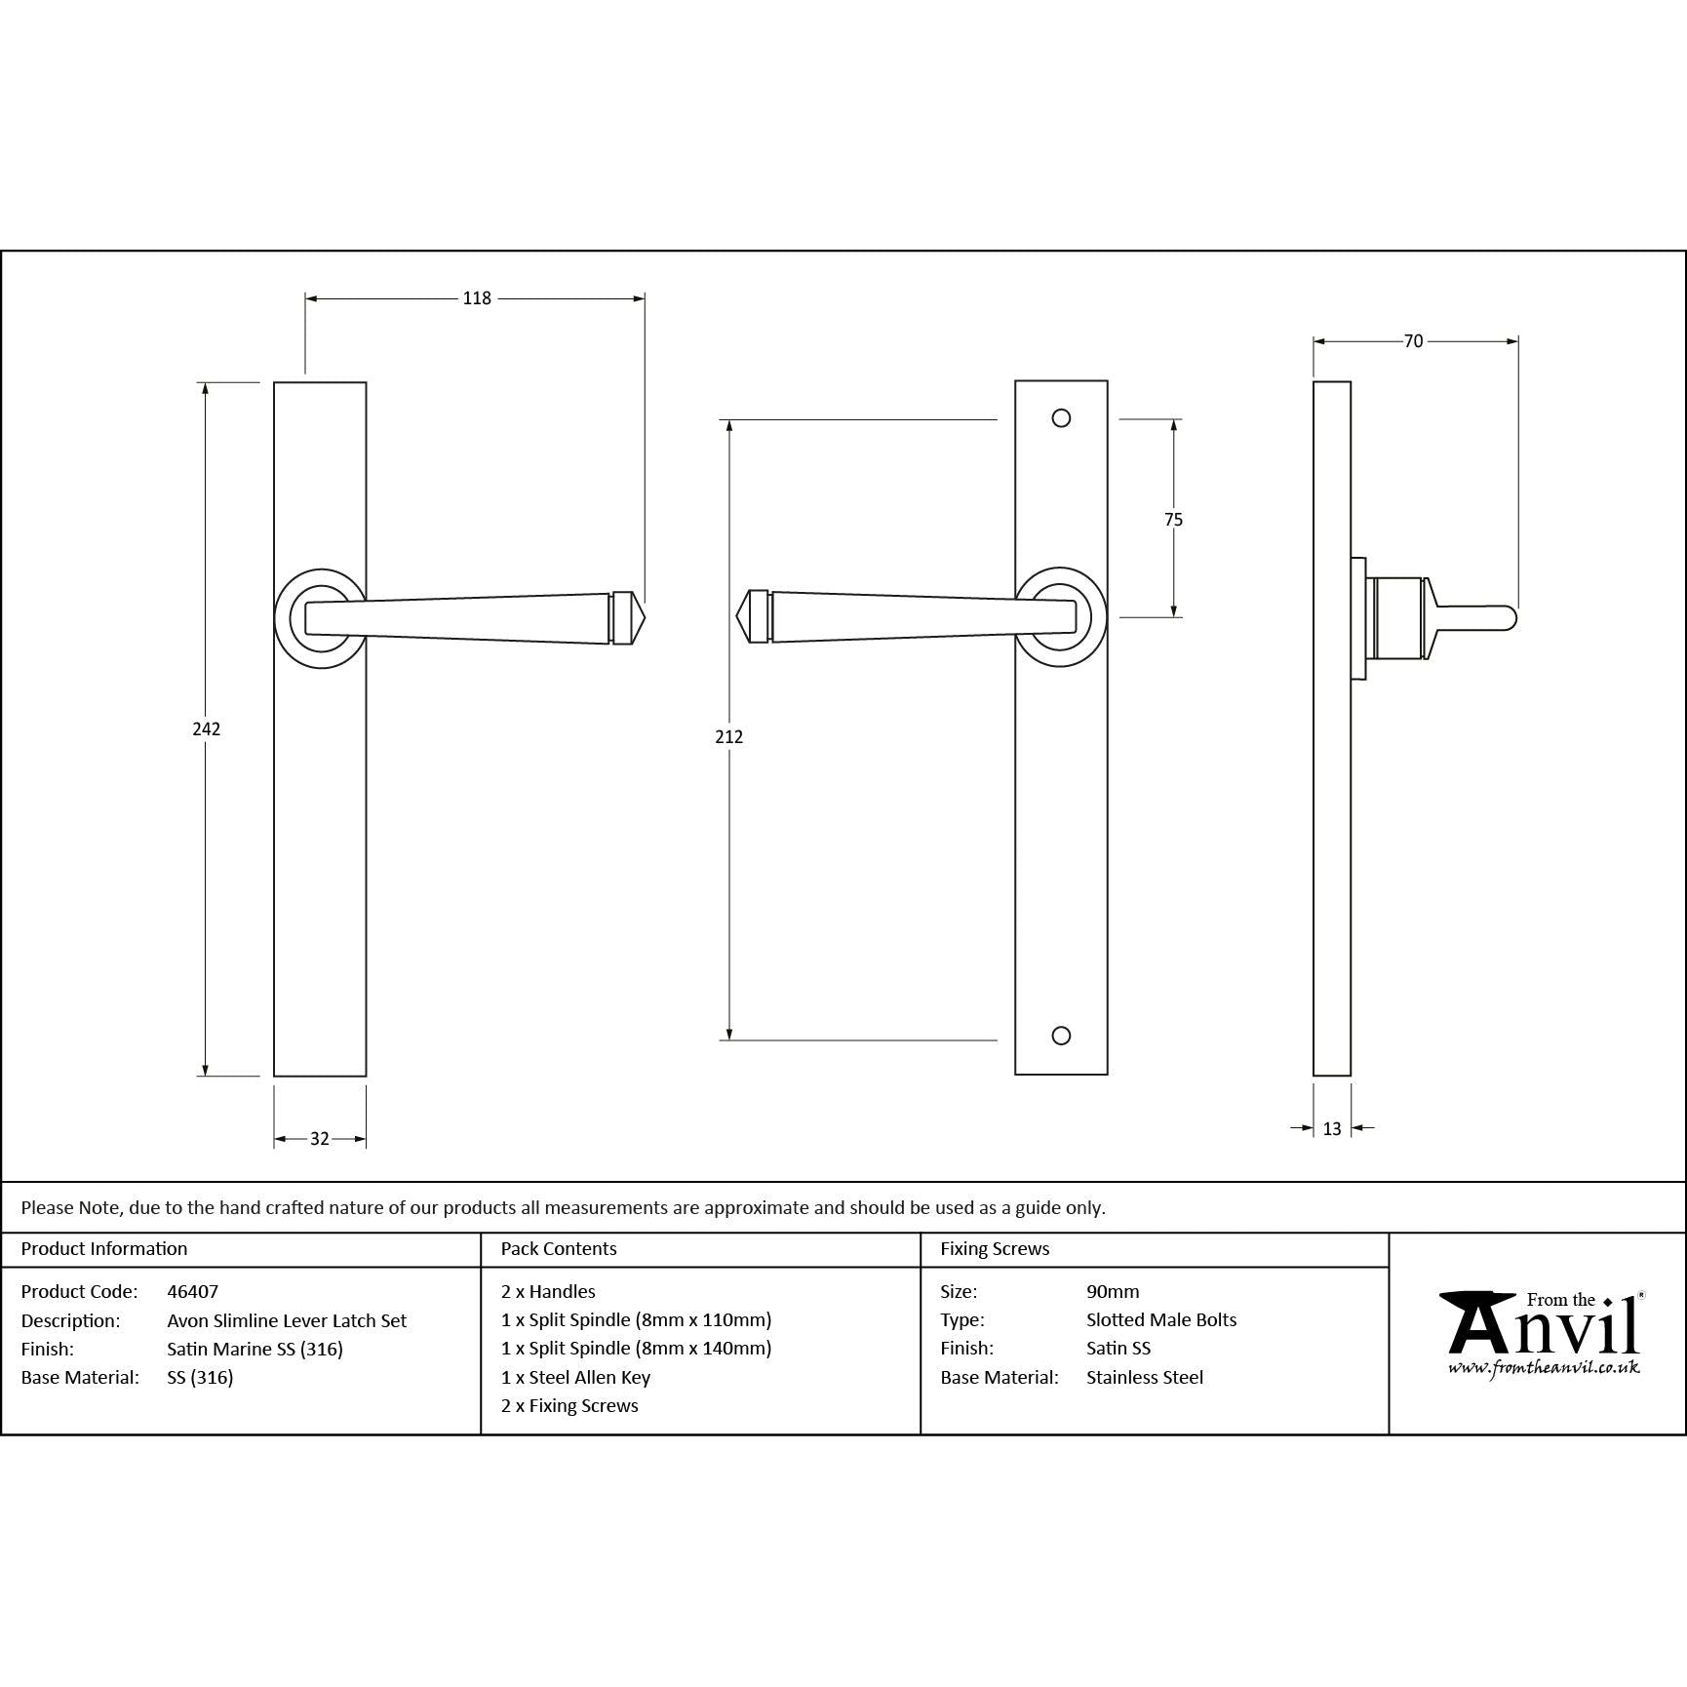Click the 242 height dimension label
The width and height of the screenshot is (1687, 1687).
coord(206,728)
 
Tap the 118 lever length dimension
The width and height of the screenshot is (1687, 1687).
coord(477,298)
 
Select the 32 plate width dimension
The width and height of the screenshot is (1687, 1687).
coord(320,1138)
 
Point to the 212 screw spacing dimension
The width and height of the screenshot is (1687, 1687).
coord(728,737)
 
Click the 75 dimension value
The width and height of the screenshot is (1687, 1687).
coord(1173,520)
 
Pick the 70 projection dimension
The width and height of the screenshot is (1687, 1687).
coord(1413,341)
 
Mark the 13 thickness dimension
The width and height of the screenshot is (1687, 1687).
coord(1332,1128)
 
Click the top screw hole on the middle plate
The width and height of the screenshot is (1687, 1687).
coord(1062,418)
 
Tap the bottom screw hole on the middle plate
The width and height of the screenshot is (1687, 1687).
coord(1062,1036)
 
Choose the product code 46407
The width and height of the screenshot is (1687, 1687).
coord(193,1291)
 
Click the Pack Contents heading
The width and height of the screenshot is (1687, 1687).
coord(559,1248)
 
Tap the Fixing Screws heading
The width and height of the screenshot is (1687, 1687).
coord(995,1248)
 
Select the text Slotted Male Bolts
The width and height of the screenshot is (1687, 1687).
coord(1161,1319)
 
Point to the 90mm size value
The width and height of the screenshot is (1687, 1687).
coord(1113,1291)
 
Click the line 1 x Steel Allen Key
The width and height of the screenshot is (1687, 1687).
coord(575,1377)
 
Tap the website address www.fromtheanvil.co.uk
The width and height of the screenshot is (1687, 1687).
coord(1544,1368)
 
